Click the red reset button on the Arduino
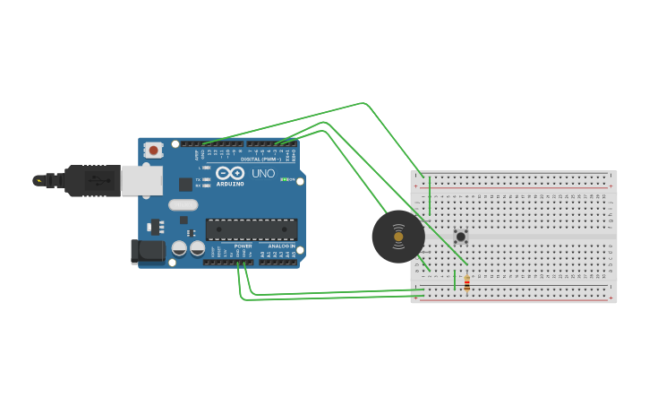(x=154, y=150)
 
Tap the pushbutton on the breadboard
(x=460, y=237)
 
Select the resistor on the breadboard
(x=466, y=283)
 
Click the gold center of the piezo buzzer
(x=398, y=238)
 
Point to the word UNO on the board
(x=263, y=173)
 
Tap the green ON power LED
(x=282, y=179)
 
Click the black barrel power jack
(x=147, y=252)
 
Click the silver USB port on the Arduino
(x=142, y=180)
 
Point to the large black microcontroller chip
(x=252, y=229)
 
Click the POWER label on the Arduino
(x=243, y=246)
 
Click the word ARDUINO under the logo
(x=230, y=184)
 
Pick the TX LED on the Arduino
(x=207, y=179)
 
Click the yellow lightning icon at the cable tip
(x=38, y=180)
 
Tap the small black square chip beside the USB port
(x=185, y=184)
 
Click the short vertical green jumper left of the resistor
(x=455, y=280)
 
